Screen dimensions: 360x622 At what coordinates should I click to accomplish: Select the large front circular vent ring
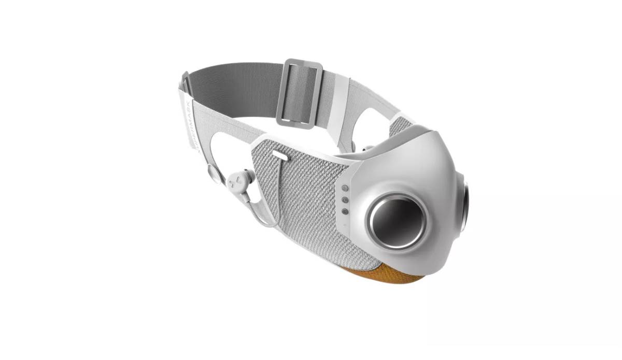[397, 221]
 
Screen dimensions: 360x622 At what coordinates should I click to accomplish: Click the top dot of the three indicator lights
[344, 188]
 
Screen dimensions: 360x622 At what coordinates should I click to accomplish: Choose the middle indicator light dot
[344, 199]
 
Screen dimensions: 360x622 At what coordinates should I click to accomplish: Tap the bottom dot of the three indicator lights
[344, 210]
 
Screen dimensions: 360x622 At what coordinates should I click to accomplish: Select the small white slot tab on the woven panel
[279, 154]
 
